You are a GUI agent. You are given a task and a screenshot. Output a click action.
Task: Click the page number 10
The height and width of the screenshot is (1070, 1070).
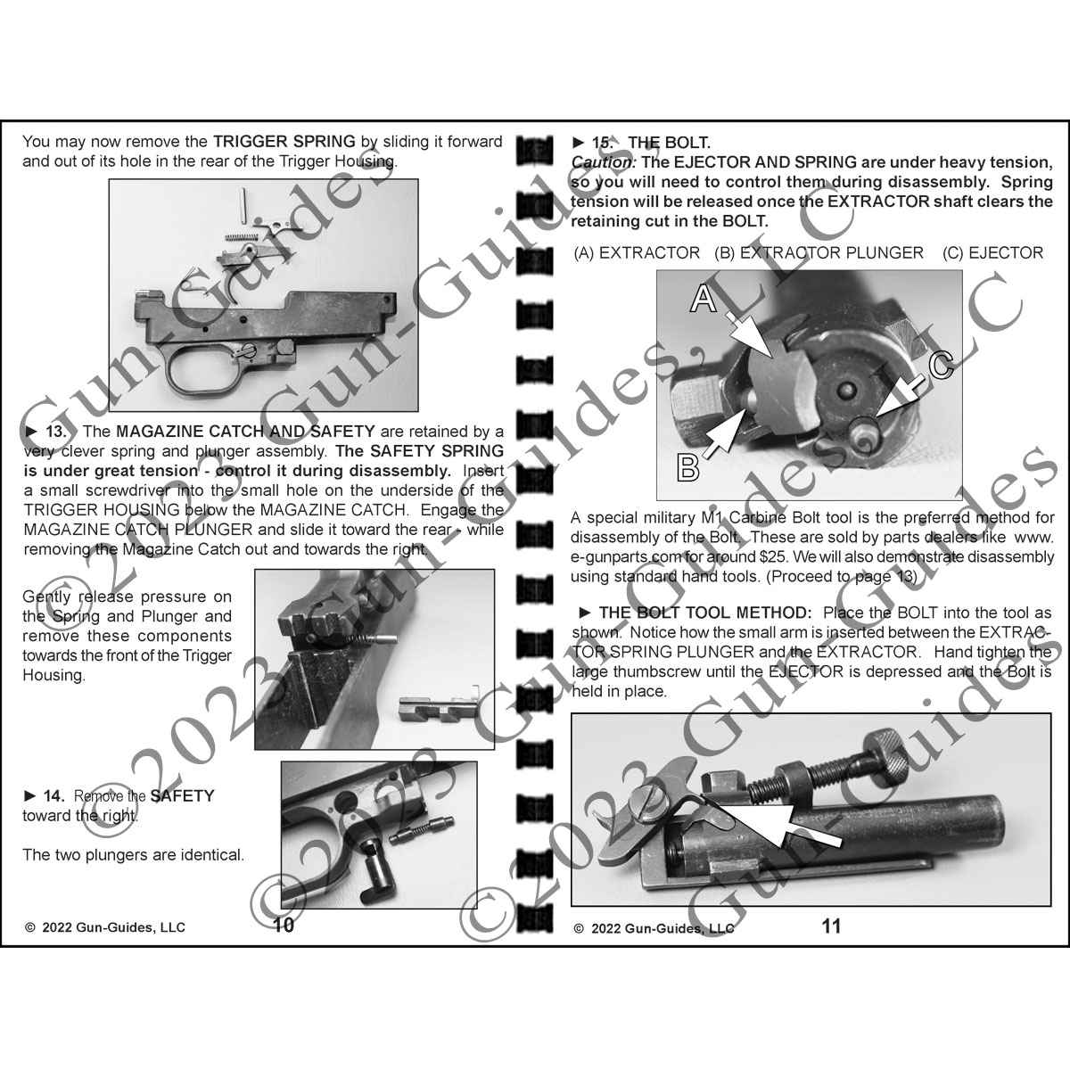pos(283,925)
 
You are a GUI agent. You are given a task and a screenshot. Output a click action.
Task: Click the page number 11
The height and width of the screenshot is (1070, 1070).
pos(830,926)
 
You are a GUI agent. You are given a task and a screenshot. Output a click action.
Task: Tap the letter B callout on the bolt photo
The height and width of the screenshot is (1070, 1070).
pos(688,465)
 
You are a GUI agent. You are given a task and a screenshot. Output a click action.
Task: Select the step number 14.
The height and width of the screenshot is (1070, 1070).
pos(54,795)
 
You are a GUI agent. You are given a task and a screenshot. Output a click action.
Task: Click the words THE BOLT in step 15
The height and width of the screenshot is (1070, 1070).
pos(669,143)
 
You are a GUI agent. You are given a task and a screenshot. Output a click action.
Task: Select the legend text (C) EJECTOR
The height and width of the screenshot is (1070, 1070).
pos(992,253)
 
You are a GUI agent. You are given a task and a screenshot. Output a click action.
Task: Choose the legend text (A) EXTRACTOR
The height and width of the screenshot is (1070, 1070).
pos(638,253)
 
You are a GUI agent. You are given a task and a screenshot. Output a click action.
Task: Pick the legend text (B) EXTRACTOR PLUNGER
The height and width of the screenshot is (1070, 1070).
pos(819,253)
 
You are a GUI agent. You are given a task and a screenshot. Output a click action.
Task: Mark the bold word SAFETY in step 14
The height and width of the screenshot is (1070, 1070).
pos(183,795)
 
